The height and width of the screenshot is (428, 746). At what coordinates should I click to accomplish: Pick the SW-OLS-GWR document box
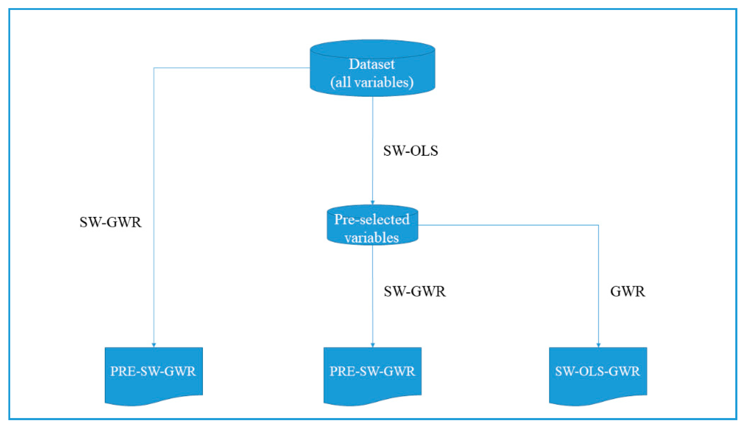pos(598,371)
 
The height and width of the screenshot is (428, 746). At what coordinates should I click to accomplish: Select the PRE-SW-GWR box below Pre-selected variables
pos(372,371)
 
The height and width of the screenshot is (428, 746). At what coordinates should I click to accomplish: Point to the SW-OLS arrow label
pos(411,151)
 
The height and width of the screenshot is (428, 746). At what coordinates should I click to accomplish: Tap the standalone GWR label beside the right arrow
pos(627,292)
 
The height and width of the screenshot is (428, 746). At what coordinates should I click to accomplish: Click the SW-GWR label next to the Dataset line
pos(111,222)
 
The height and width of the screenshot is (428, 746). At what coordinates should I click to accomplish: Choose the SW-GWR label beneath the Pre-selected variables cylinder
pos(414,292)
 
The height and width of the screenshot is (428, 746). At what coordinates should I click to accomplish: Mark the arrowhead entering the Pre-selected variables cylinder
pos(373,202)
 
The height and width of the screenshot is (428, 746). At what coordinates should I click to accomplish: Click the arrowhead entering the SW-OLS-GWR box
pos(599,345)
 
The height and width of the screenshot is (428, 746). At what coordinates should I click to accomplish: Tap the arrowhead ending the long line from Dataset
pos(154,345)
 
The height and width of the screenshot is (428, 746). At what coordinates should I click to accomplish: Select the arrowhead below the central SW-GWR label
pos(373,345)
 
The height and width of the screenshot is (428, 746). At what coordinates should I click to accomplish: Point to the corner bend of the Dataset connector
pos(154,68)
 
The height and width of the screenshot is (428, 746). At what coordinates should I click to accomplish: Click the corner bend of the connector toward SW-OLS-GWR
pos(599,225)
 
